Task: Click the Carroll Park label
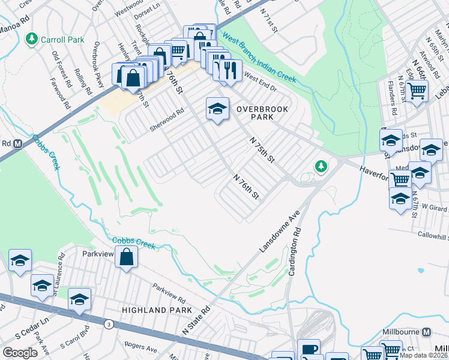point(62,40)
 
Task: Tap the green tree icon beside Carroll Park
point(32,39)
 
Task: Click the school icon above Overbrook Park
point(217,109)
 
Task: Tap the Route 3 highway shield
point(108,325)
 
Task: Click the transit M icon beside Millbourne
point(426,332)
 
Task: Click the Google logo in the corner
point(20,353)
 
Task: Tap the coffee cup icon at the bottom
point(309,350)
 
